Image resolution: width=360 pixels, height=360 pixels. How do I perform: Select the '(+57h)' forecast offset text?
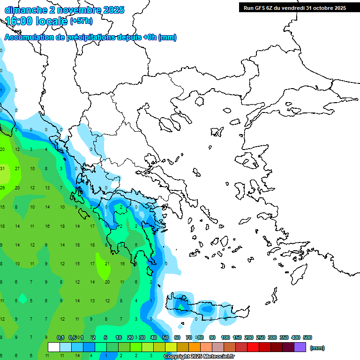81,21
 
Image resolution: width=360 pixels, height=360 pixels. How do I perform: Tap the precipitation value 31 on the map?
2,168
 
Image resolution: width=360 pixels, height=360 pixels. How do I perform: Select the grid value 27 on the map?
17,168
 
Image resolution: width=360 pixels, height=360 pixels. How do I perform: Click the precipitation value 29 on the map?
2,187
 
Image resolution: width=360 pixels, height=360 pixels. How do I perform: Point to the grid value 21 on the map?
107,263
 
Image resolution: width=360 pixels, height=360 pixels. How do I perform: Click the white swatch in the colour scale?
54,347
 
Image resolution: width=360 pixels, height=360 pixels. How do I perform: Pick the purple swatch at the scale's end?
300,347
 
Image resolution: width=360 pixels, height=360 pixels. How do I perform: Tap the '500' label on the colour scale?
307,337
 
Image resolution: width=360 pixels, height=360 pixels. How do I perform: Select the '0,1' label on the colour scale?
60,337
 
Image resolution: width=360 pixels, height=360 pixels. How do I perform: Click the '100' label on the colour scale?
225,337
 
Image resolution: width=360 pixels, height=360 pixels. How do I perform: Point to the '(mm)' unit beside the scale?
317,348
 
